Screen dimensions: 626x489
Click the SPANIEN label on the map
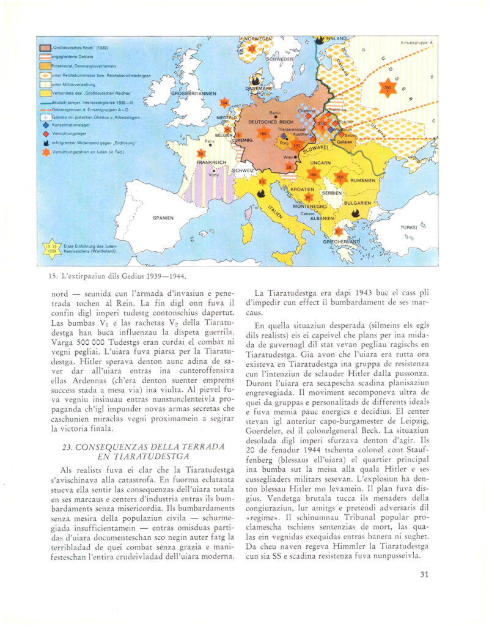coord(163,218)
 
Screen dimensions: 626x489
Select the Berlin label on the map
coord(274,113)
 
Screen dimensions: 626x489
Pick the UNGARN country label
coord(320,163)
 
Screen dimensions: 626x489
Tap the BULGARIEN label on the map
coord(358,202)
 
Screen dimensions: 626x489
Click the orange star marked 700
coord(386,87)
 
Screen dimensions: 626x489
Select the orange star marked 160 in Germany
coord(263,133)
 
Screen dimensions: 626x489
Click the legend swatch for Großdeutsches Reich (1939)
coord(45,48)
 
